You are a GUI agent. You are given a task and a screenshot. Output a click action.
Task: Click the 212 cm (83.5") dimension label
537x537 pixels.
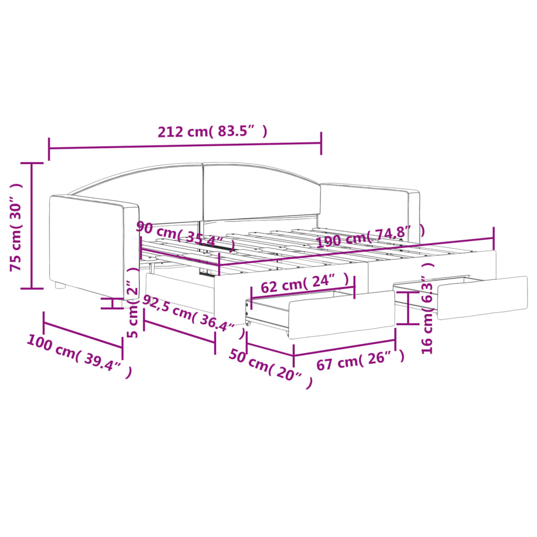(212, 131)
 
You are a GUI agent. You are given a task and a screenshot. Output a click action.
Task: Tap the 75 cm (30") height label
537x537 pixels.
(16, 227)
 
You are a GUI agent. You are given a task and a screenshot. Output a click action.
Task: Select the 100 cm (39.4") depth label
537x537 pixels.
(80, 357)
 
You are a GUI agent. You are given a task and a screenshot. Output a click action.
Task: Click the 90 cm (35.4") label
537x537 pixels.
(186, 235)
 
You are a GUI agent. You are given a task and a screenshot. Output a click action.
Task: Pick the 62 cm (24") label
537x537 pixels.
(305, 283)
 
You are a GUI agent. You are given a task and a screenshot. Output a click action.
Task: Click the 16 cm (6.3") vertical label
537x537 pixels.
(427, 308)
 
